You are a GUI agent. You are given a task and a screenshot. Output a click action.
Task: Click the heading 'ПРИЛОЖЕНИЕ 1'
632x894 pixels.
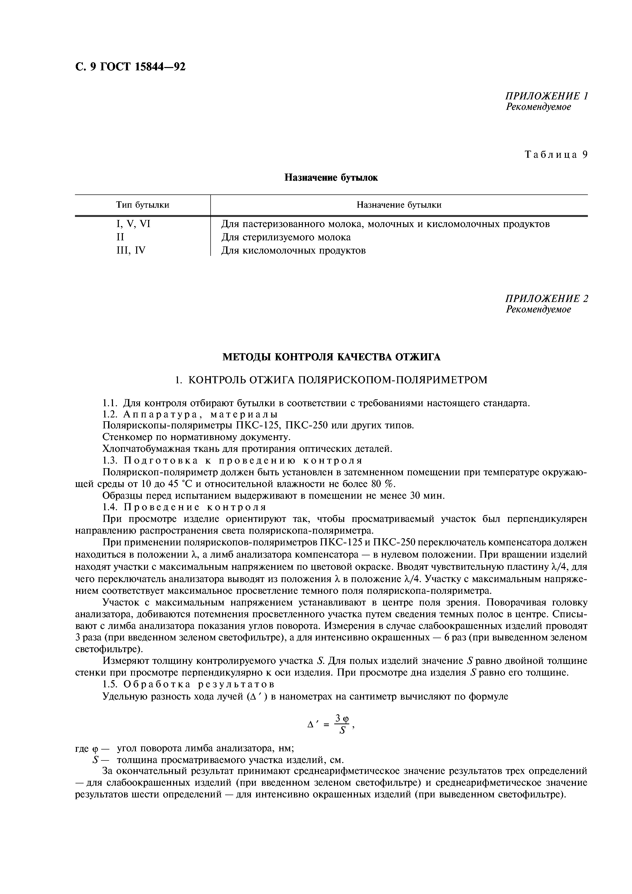click(x=546, y=96)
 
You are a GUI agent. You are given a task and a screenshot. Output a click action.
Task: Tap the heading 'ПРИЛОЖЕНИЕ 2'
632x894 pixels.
click(x=546, y=299)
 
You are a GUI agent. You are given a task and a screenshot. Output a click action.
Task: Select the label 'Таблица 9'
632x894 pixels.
click(x=556, y=155)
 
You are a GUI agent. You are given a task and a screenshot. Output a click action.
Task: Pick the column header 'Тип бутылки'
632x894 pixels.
click(x=143, y=205)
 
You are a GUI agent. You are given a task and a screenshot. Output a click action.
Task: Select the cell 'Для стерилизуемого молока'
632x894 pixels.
click(x=286, y=237)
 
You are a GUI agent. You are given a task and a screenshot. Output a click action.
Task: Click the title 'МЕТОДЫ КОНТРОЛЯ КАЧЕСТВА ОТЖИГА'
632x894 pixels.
click(x=331, y=357)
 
